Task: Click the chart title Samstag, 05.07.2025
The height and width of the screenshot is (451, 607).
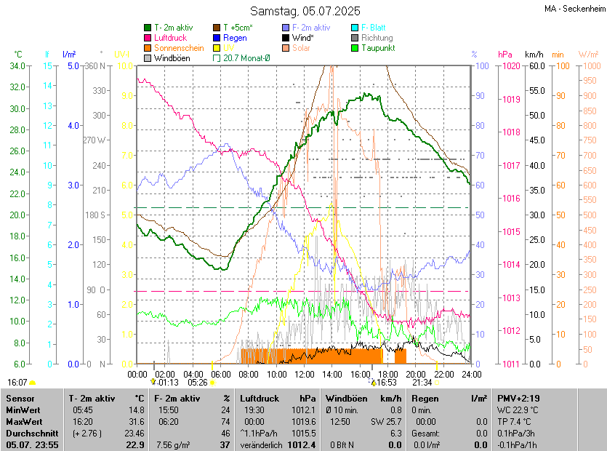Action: (305, 11)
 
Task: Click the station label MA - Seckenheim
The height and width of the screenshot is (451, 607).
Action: (574, 9)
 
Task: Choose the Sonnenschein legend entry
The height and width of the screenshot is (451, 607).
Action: (179, 48)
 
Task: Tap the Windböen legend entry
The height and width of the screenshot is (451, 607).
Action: (172, 58)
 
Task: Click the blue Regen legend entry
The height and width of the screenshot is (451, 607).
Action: (235, 38)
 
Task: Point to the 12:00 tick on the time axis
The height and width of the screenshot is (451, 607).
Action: (305, 374)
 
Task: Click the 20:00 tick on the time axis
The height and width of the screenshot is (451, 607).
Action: (416, 374)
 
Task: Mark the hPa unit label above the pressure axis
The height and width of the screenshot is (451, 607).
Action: (505, 55)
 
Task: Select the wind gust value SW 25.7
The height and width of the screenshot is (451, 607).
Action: (387, 421)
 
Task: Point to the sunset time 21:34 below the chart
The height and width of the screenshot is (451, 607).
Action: (422, 383)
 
